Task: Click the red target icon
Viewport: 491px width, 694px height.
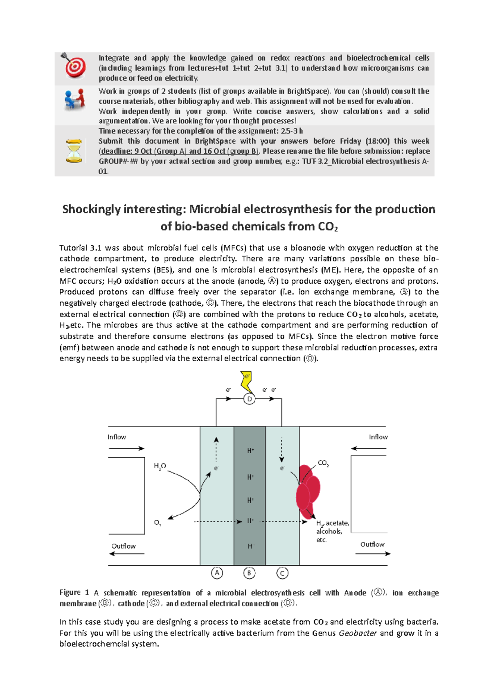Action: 74,66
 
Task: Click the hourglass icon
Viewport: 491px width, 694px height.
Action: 74,151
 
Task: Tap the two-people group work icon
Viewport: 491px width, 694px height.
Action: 74,99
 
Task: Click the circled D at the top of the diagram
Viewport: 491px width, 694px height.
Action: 249,399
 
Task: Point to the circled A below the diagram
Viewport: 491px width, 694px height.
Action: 217,573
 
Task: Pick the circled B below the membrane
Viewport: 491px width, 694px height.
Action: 249,573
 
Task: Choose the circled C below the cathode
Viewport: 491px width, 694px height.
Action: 282,573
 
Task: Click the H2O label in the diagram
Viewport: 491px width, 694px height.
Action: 160,466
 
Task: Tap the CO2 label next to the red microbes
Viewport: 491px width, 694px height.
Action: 323,463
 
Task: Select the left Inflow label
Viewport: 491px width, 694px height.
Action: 117,437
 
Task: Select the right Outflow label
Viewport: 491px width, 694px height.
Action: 372,544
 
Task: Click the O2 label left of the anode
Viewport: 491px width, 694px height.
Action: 158,523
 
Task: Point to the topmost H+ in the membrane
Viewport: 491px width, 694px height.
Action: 250,450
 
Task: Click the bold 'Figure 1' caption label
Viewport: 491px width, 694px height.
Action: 74,592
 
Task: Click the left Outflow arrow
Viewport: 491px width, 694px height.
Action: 127,554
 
